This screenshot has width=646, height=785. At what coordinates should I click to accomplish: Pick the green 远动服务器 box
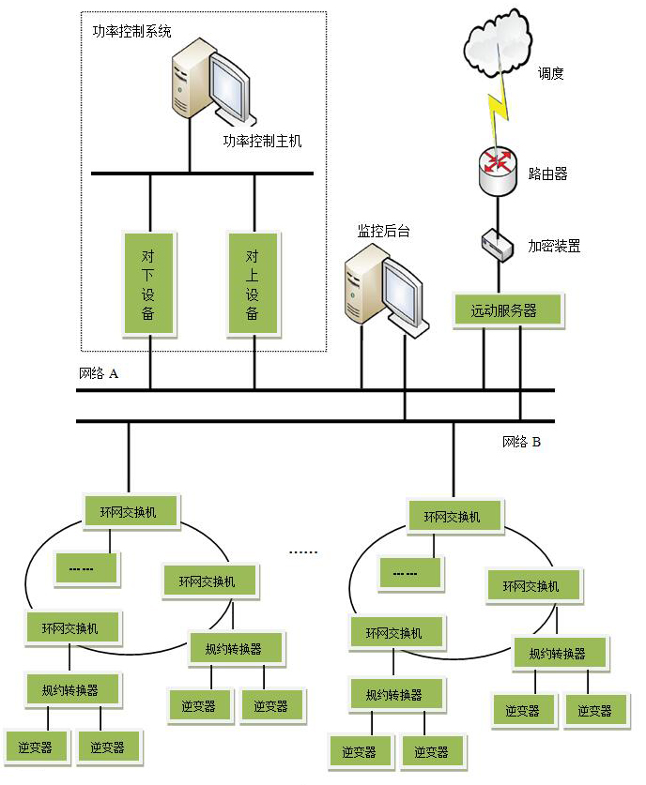[508, 310]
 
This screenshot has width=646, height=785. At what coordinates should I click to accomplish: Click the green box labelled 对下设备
[149, 284]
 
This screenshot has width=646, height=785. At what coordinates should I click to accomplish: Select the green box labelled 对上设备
[254, 284]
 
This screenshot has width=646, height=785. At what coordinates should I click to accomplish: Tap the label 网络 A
[99, 373]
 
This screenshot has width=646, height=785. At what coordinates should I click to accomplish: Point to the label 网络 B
[521, 442]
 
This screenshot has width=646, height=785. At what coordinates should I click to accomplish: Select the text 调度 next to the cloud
[551, 73]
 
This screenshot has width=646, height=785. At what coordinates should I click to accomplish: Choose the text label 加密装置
[554, 246]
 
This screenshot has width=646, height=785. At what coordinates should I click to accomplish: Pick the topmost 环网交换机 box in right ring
[455, 517]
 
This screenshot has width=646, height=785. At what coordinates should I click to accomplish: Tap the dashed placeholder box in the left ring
[87, 567]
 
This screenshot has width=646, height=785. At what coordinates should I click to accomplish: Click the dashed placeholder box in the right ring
[409, 573]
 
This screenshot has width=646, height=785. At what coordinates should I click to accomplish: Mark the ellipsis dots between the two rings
[303, 552]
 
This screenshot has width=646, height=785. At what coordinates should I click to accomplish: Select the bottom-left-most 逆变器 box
[35, 747]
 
